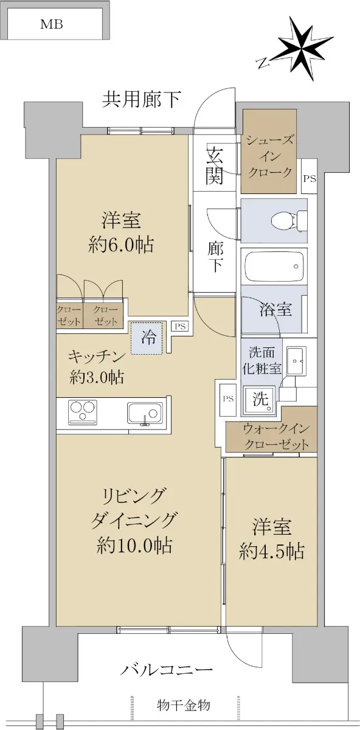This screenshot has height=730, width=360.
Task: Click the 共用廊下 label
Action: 142,100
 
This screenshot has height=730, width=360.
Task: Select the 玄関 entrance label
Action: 214,165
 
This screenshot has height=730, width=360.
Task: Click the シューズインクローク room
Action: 268,151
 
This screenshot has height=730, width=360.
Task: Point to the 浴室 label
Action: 275,309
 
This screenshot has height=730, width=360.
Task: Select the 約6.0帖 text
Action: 121,245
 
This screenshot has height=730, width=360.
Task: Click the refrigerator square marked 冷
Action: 147,338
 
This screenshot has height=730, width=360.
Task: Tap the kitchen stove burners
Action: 83,412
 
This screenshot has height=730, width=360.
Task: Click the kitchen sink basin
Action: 145,413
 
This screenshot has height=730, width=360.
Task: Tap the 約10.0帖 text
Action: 134,544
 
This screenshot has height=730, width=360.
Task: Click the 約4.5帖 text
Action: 271,551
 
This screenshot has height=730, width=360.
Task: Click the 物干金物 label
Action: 184,704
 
